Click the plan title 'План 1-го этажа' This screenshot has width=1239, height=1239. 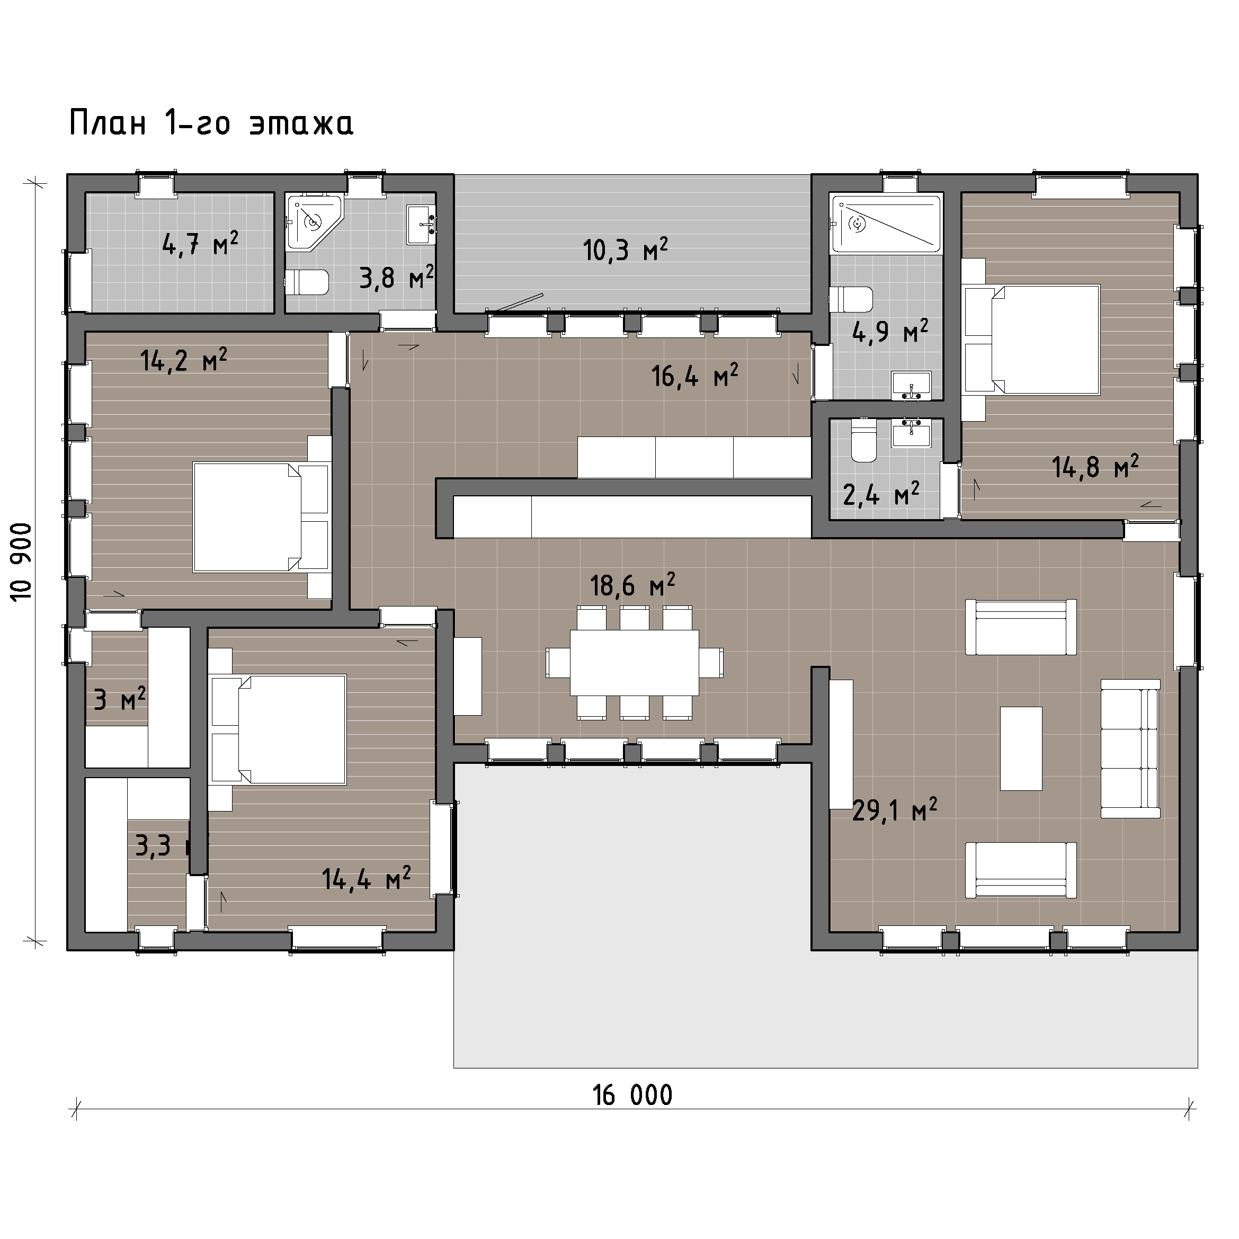pos(211,123)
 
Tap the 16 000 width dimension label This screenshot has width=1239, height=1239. pos(632,1095)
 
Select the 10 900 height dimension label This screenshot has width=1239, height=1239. pos(22,561)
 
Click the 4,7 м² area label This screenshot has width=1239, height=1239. pos(201,244)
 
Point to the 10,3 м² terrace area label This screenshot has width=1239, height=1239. pos(625,249)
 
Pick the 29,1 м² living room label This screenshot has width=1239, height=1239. pos(895,810)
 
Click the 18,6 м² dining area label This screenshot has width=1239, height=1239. pos(632,584)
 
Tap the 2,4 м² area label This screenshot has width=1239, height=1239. pos(881,493)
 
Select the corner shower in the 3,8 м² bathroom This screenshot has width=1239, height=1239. pos(315,222)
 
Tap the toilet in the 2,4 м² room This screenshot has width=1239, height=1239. pos(863,441)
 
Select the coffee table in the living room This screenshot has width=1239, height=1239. pos(1021,748)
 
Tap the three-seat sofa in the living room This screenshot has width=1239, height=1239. pos(1130,748)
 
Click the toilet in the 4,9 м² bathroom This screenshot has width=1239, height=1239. pos(852,299)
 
